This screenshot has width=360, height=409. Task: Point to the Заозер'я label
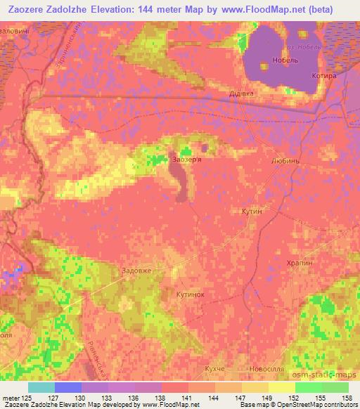tap(185, 160)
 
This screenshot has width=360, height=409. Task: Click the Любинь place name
tap(284, 160)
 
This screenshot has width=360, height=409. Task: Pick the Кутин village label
tap(251, 210)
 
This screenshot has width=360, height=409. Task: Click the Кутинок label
tap(191, 294)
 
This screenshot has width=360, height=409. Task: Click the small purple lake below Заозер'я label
tap(181, 183)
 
